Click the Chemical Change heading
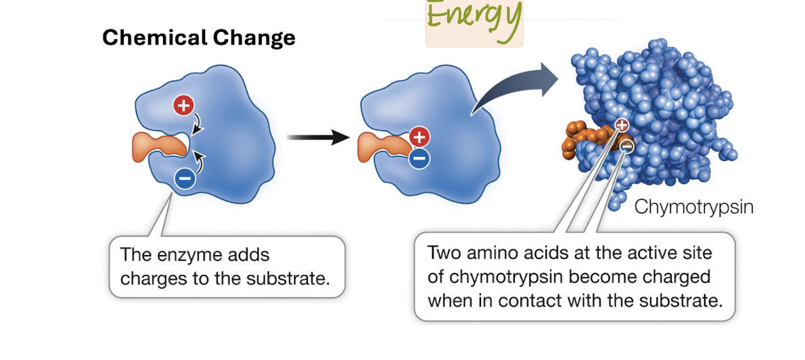(x=199, y=37)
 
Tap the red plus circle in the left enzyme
(x=183, y=105)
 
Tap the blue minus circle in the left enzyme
(x=185, y=179)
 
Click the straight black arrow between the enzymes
(x=317, y=139)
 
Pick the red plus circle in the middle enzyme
(x=419, y=137)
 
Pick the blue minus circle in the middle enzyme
(x=419, y=159)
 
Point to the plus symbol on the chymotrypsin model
(x=622, y=125)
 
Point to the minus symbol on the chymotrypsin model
(x=627, y=145)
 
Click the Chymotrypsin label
(x=693, y=206)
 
